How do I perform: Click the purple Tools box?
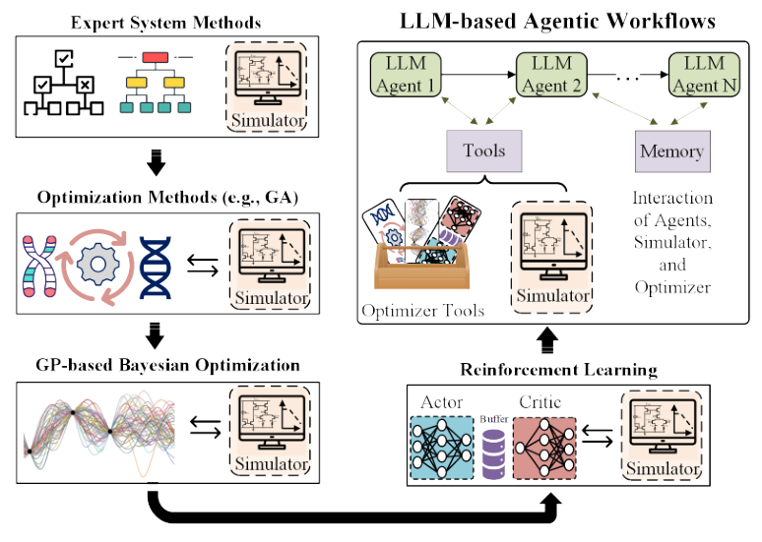[484, 151]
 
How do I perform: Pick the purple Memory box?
[671, 151]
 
